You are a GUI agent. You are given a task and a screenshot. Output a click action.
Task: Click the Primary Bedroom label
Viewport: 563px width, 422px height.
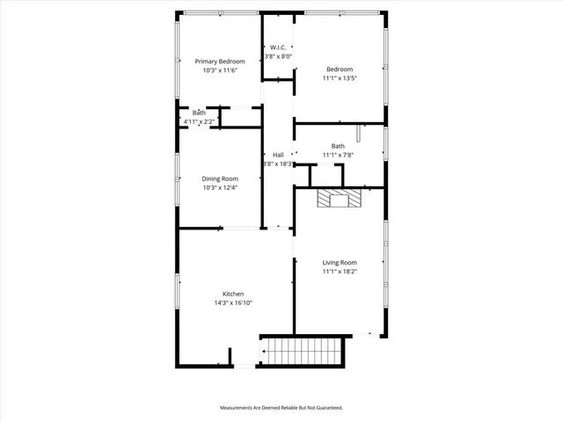coord(220,61)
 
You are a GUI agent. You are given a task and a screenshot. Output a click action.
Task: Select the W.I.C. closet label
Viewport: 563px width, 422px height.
coord(278,47)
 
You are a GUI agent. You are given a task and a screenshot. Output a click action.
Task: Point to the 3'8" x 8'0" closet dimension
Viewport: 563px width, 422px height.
coord(278,56)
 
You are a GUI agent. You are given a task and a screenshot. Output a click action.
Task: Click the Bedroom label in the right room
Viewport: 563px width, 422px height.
coord(340,69)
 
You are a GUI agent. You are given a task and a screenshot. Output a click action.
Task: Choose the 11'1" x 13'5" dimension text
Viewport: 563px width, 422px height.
coord(340,78)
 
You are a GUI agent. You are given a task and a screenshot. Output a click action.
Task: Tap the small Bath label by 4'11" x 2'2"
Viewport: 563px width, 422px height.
coord(200,113)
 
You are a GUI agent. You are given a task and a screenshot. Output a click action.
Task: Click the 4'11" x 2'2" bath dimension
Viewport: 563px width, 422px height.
coord(199,121)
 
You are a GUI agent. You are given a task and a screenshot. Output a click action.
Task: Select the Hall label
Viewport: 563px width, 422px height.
coord(278,155)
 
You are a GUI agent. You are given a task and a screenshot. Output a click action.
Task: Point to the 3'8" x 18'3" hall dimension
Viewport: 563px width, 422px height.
coord(278,164)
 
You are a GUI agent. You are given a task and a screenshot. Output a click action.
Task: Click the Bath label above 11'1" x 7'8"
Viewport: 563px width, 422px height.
coord(339,146)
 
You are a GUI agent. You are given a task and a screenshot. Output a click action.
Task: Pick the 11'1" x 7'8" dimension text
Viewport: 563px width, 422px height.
coord(339,155)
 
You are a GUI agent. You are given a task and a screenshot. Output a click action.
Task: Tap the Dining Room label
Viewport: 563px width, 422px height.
coord(220,178)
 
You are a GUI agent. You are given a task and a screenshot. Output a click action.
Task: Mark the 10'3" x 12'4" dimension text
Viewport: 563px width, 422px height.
coord(220,187)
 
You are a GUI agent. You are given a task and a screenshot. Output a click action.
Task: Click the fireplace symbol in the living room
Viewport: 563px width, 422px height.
coord(340,200)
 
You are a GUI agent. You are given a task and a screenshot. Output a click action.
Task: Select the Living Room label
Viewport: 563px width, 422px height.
coord(340,262)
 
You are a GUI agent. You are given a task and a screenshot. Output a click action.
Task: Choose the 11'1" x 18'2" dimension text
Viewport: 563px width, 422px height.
coord(340,272)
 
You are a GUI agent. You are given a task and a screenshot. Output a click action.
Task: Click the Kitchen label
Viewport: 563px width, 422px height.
coord(233,294)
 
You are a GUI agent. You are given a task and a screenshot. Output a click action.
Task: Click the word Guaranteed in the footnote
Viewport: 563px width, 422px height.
coord(325,408)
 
